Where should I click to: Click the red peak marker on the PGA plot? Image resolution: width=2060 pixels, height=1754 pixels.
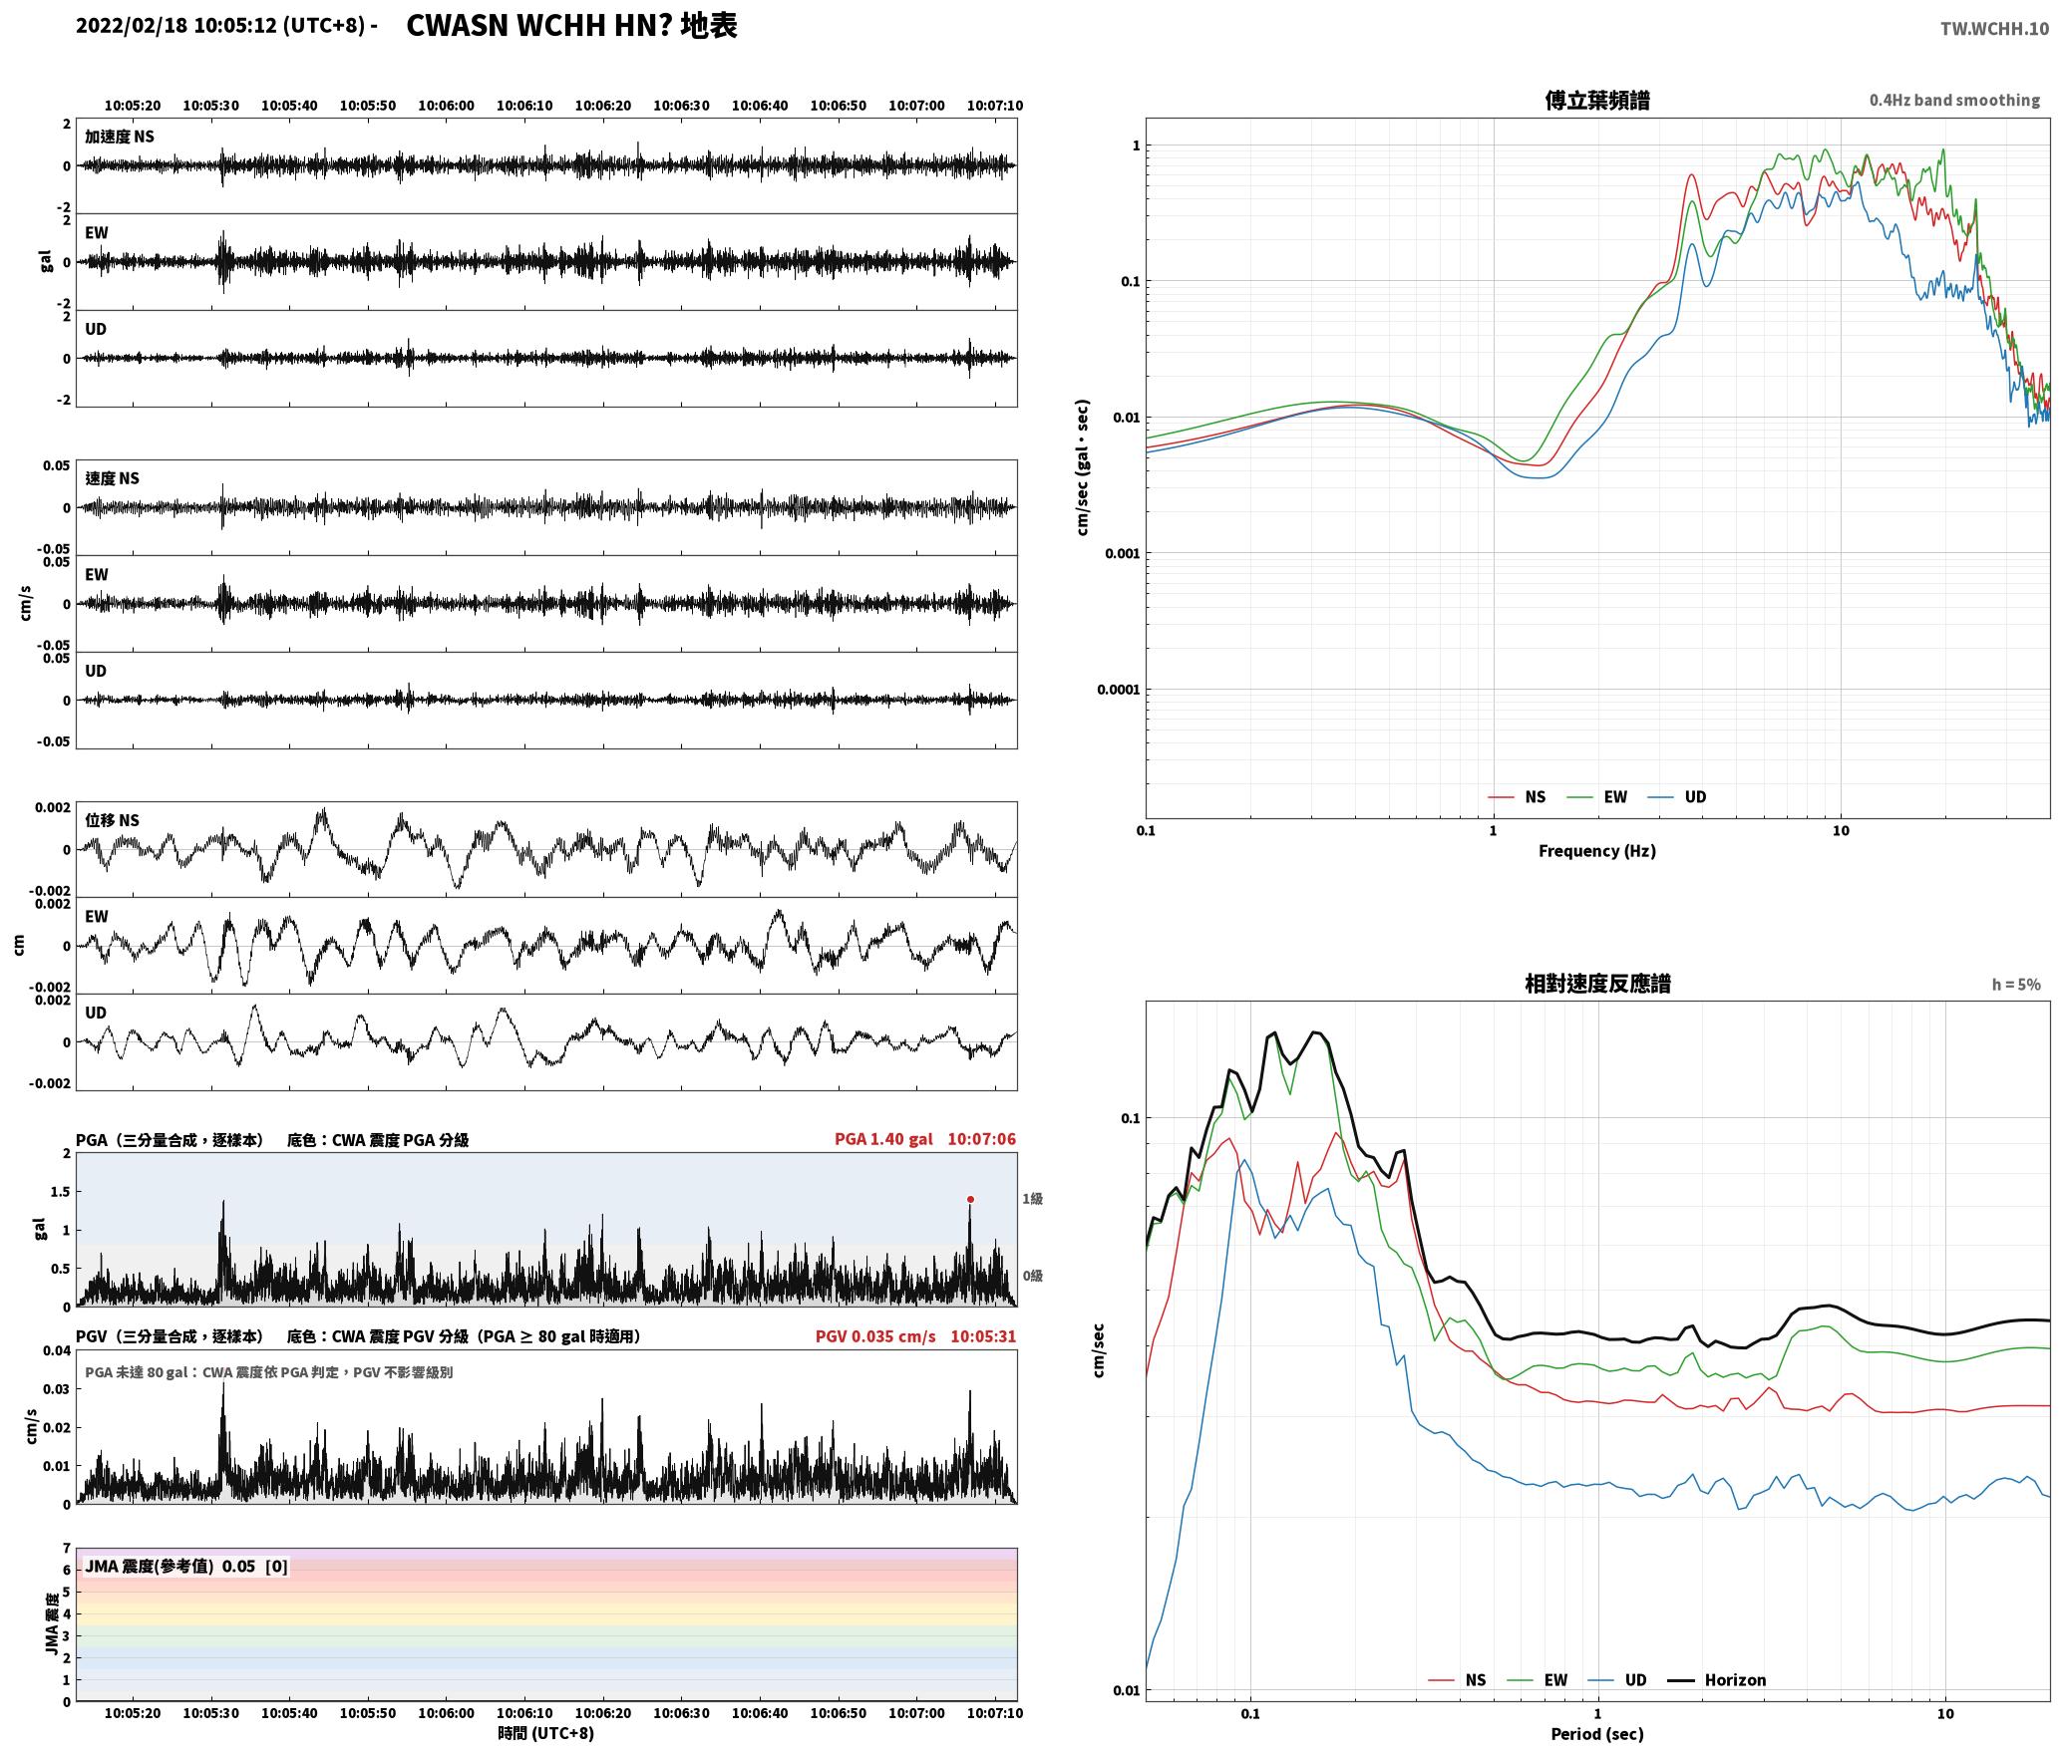(x=970, y=1199)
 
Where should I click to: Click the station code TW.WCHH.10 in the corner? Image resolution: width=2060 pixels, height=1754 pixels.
(x=1994, y=29)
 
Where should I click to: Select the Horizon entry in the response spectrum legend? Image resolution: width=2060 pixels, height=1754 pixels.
(x=1717, y=1679)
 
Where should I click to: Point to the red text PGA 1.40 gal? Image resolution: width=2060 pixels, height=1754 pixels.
(x=883, y=1138)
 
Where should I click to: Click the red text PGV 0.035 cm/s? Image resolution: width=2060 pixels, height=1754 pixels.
(x=875, y=1335)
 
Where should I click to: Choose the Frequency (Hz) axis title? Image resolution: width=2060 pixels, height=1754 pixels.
(x=1596, y=850)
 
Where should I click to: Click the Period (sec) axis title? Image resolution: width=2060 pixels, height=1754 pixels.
(x=1596, y=1734)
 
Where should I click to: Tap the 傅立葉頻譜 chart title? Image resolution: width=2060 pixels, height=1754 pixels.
(x=1596, y=100)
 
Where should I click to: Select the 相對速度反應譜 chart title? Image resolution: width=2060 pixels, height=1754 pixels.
(x=1597, y=984)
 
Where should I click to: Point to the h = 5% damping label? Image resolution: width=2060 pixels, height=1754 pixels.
(x=2016, y=985)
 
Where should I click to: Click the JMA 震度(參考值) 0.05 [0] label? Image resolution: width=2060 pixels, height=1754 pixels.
(x=186, y=1566)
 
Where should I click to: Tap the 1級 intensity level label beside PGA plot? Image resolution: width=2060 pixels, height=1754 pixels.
(x=1032, y=1198)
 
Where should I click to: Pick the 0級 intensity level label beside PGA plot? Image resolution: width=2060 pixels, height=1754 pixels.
(x=1032, y=1276)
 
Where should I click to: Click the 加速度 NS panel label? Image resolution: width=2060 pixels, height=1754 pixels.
(x=120, y=137)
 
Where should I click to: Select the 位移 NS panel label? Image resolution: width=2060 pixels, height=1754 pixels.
(x=112, y=820)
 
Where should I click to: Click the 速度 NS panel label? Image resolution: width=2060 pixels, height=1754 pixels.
(x=112, y=478)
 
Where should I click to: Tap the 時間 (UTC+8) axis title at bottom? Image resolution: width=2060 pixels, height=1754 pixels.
(x=545, y=1733)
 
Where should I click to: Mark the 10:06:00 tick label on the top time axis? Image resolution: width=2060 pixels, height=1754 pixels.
(x=446, y=105)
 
